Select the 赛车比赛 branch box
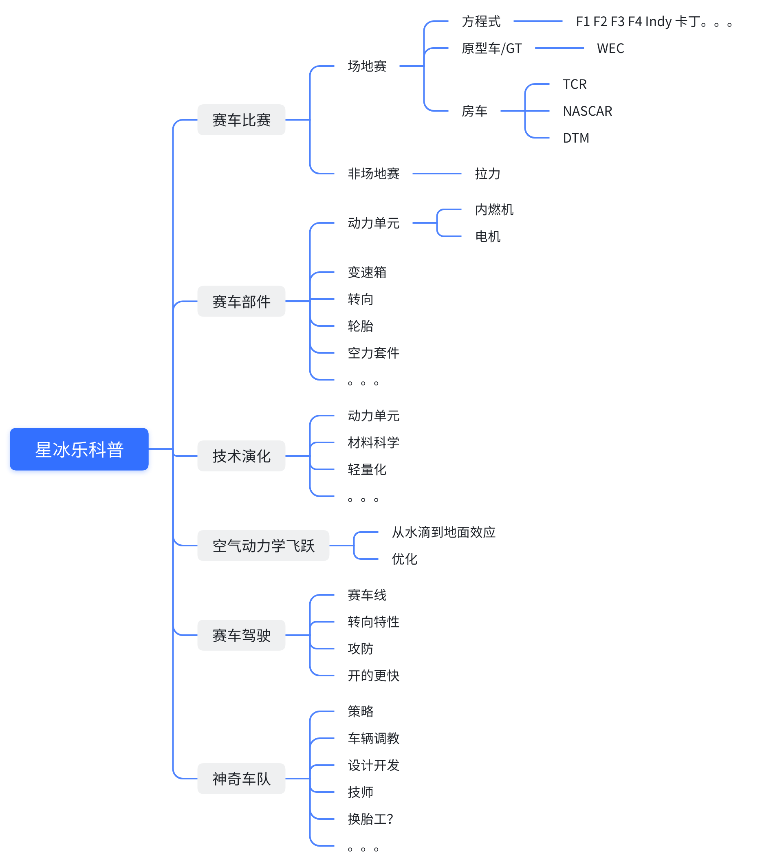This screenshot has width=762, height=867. pos(241,120)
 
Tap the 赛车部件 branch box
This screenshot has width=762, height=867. pos(241,301)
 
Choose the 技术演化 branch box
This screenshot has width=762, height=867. pos(241,456)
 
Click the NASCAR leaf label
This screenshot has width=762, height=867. pos(587,111)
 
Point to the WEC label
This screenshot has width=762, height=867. pos(610,48)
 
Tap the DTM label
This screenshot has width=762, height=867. pos(576,138)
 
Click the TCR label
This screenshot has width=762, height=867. pos(575,84)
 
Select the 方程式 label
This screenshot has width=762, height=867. pos(481,21)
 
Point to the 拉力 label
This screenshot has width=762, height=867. pos(487,174)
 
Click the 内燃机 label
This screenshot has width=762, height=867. pos(494,209)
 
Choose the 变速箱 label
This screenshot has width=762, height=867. pos(367,272)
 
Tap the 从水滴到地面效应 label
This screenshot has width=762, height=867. pos(443,532)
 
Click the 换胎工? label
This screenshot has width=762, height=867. pos(370,819)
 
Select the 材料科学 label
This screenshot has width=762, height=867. pos(373,442)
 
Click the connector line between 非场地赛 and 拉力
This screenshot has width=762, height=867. pos(436,174)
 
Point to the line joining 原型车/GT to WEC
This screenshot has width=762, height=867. pos(559,48)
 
